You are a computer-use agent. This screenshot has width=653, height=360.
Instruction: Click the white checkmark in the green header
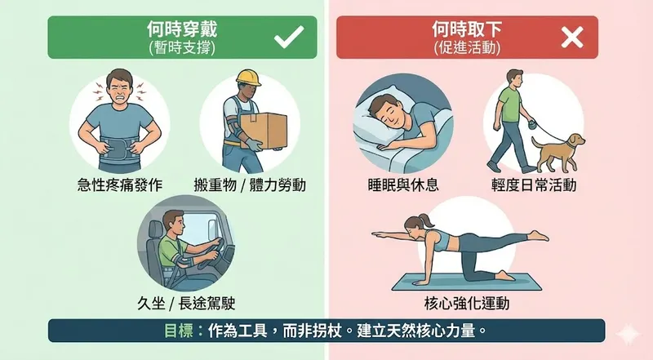289,37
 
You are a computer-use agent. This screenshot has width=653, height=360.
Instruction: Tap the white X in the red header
572,38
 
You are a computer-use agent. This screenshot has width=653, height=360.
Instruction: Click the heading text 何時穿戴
182,29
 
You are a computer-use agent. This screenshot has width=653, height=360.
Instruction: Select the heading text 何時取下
466,29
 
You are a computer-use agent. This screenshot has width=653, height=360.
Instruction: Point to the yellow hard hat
249,78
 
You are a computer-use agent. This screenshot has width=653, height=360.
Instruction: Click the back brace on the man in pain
119,147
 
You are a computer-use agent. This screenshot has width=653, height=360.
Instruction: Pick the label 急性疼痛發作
120,184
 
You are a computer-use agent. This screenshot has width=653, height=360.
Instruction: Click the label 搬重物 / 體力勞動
250,184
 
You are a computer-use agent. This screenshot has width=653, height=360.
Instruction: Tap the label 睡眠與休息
403,184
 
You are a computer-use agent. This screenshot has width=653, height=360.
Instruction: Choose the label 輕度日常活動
534,184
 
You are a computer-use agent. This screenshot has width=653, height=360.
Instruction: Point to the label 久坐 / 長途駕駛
186,303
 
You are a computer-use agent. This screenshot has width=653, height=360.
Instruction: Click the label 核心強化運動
466,303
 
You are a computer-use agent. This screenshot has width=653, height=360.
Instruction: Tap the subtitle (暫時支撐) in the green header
182,48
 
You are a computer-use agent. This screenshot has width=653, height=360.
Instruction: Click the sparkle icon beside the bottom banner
628,334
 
